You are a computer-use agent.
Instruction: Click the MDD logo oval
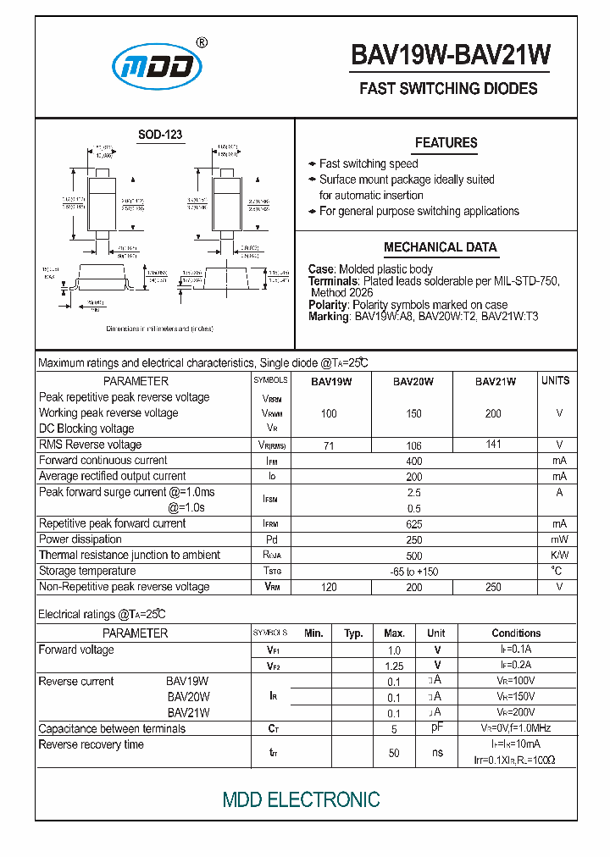coord(158,66)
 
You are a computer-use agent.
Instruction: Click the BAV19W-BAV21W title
coord(450,55)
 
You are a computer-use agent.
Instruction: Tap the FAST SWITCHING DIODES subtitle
coord(448,89)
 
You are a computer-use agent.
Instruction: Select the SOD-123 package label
coord(160,135)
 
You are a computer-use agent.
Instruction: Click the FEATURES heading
coord(446,143)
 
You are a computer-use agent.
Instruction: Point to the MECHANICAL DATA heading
coord(440,247)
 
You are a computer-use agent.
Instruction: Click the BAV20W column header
coord(413,381)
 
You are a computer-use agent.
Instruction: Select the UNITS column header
coord(556,381)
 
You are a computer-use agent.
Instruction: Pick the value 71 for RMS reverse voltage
coord(329,445)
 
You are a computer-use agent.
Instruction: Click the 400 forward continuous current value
coord(413,462)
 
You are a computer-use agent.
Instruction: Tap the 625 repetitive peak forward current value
coord(413,524)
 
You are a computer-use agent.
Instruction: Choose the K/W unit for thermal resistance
coord(558,556)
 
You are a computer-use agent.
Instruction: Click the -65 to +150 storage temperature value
coord(413,572)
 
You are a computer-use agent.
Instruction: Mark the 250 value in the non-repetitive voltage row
coord(494,587)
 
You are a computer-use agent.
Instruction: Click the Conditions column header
coord(516,633)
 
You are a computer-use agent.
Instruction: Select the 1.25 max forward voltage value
coord(394,666)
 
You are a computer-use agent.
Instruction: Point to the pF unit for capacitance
coord(436,728)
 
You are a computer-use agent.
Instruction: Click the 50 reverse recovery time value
coord(394,753)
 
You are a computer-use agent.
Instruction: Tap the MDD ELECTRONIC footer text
coord(301,799)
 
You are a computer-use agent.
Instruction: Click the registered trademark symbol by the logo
coord(202,41)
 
